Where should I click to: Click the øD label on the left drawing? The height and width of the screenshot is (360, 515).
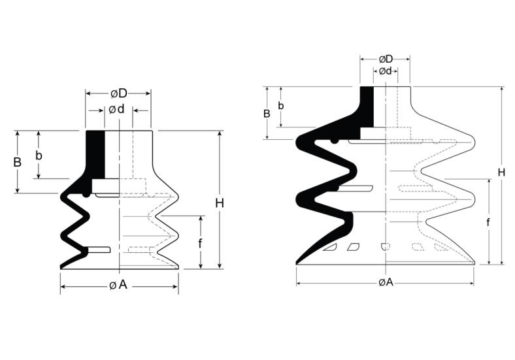pyautogui.click(x=118, y=93)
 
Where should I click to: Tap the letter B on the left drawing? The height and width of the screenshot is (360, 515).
pyautogui.click(x=18, y=161)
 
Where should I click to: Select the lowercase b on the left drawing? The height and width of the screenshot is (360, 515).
pyautogui.click(x=39, y=155)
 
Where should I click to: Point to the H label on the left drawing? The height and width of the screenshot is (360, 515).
pyautogui.click(x=220, y=203)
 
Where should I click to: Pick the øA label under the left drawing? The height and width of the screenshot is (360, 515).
pyautogui.click(x=118, y=285)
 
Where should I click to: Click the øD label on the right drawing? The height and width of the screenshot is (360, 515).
pyautogui.click(x=386, y=59)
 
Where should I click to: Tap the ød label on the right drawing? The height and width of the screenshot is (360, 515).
pyautogui.click(x=385, y=71)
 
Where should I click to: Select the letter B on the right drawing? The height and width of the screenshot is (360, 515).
pyautogui.click(x=267, y=113)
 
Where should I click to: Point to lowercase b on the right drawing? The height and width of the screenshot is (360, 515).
pyautogui.click(x=281, y=106)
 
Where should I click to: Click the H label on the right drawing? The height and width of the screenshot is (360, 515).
pyautogui.click(x=501, y=172)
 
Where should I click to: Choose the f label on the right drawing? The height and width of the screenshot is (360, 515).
pyautogui.click(x=488, y=222)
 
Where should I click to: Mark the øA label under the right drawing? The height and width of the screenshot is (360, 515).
pyautogui.click(x=386, y=282)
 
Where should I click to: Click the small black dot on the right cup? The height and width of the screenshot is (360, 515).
pyautogui.click(x=335, y=140)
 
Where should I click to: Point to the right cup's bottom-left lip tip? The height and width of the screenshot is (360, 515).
pyautogui.click(x=298, y=263)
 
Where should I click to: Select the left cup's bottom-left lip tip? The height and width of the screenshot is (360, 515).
pyautogui.click(x=61, y=267)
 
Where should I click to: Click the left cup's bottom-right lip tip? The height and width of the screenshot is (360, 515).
pyautogui.click(x=178, y=266)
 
